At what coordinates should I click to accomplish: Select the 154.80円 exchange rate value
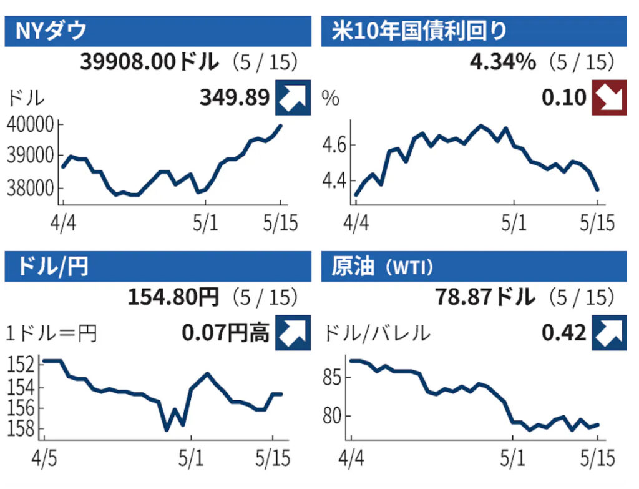173,298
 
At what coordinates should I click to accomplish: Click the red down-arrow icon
608,98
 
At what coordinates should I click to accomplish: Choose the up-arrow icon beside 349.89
293,98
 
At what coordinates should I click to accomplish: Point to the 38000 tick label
31,188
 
